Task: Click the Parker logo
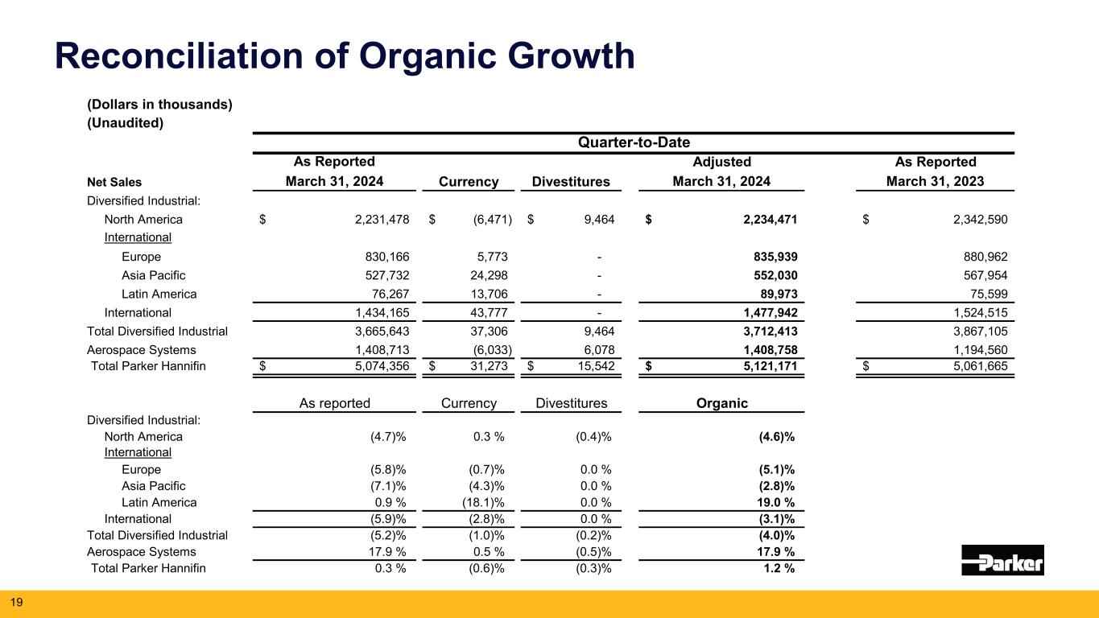click(1002, 559)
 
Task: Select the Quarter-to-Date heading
click(633, 142)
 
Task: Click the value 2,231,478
click(373, 220)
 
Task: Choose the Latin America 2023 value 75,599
click(986, 294)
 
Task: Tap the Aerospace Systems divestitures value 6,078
click(597, 350)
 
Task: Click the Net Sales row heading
click(114, 182)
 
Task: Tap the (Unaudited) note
click(125, 123)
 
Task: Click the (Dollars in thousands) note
click(159, 105)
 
